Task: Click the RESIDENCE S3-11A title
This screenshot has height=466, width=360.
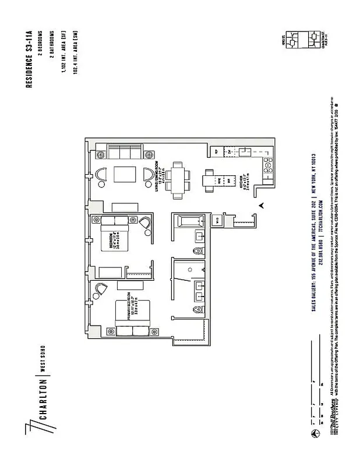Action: (x=29, y=60)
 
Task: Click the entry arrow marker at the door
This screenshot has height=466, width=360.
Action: (x=263, y=204)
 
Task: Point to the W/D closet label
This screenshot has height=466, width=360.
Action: (x=216, y=219)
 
